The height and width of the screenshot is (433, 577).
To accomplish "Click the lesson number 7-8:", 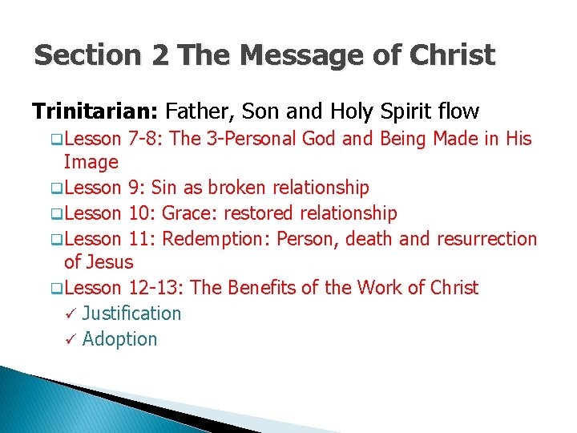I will point(146,139).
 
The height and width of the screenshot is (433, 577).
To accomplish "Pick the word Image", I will point(91,163).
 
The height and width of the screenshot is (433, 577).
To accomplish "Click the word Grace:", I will point(177,213).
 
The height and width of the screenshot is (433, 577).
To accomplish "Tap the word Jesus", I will point(110,263).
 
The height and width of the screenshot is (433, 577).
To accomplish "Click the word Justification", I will point(131,314).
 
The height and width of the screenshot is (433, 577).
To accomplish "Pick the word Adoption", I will point(120,339).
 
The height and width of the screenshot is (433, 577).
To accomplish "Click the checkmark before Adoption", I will point(70,339).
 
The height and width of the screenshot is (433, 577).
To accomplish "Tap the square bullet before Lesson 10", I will point(57,214).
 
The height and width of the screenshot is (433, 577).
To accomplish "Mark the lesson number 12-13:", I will point(155,288).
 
